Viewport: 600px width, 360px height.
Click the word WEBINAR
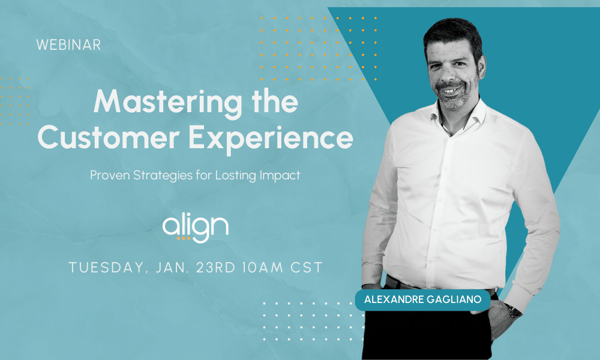tap(68, 45)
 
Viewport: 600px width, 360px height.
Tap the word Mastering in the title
tap(168, 103)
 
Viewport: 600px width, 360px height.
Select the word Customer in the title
tap(109, 138)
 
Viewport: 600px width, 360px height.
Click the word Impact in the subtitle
tap(280, 176)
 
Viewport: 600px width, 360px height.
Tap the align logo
tap(196, 228)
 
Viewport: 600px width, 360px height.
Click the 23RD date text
tap(215, 267)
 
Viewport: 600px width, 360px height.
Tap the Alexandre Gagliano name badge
tap(423, 299)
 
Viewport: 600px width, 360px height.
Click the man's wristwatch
tap(514, 311)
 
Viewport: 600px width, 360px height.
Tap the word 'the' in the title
tap(275, 102)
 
